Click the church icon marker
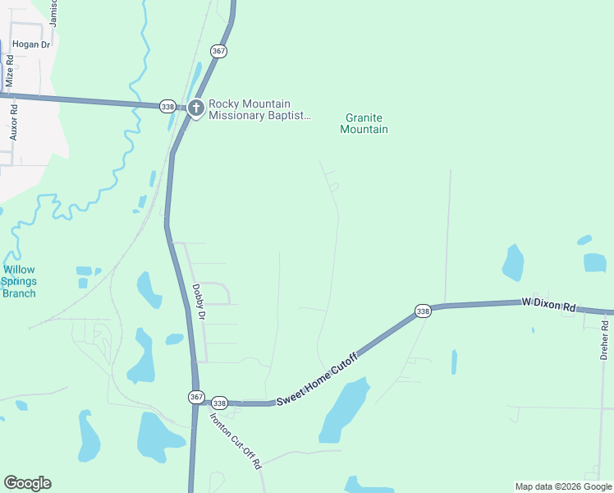(195, 108)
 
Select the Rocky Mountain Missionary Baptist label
(259, 109)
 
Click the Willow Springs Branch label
(19, 281)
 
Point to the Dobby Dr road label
(198, 302)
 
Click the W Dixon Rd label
(548, 304)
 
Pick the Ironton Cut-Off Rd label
(235, 440)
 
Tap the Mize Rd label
(10, 71)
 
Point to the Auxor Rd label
(13, 122)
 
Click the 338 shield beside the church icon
(168, 106)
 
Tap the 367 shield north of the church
(218, 51)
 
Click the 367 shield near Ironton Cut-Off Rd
(195, 397)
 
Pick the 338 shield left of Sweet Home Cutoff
(219, 403)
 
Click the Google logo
(27, 483)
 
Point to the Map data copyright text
(563, 486)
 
